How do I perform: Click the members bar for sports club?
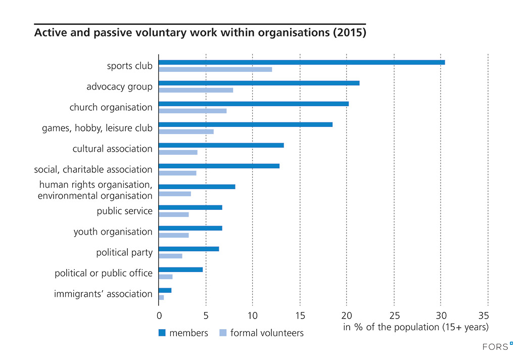coord(302,62)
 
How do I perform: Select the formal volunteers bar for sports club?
coord(215,69)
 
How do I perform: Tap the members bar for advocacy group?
coord(259,83)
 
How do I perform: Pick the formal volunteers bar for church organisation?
coord(193,111)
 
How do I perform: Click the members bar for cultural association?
coord(221,145)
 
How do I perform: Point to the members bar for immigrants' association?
coord(165,290)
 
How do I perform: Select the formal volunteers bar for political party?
coord(170,256)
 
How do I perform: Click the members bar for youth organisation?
coord(191,228)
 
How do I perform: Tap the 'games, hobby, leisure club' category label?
coord(97,128)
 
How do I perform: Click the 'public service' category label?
coord(125,211)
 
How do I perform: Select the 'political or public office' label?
coord(104,274)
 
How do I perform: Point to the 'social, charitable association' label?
coord(93,170)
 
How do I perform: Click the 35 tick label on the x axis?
coord(488,315)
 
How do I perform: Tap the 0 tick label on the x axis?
coord(159,315)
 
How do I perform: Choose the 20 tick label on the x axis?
coord(347,315)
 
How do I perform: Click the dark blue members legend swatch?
coord(162,333)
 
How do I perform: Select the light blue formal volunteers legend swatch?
coord(223,333)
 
